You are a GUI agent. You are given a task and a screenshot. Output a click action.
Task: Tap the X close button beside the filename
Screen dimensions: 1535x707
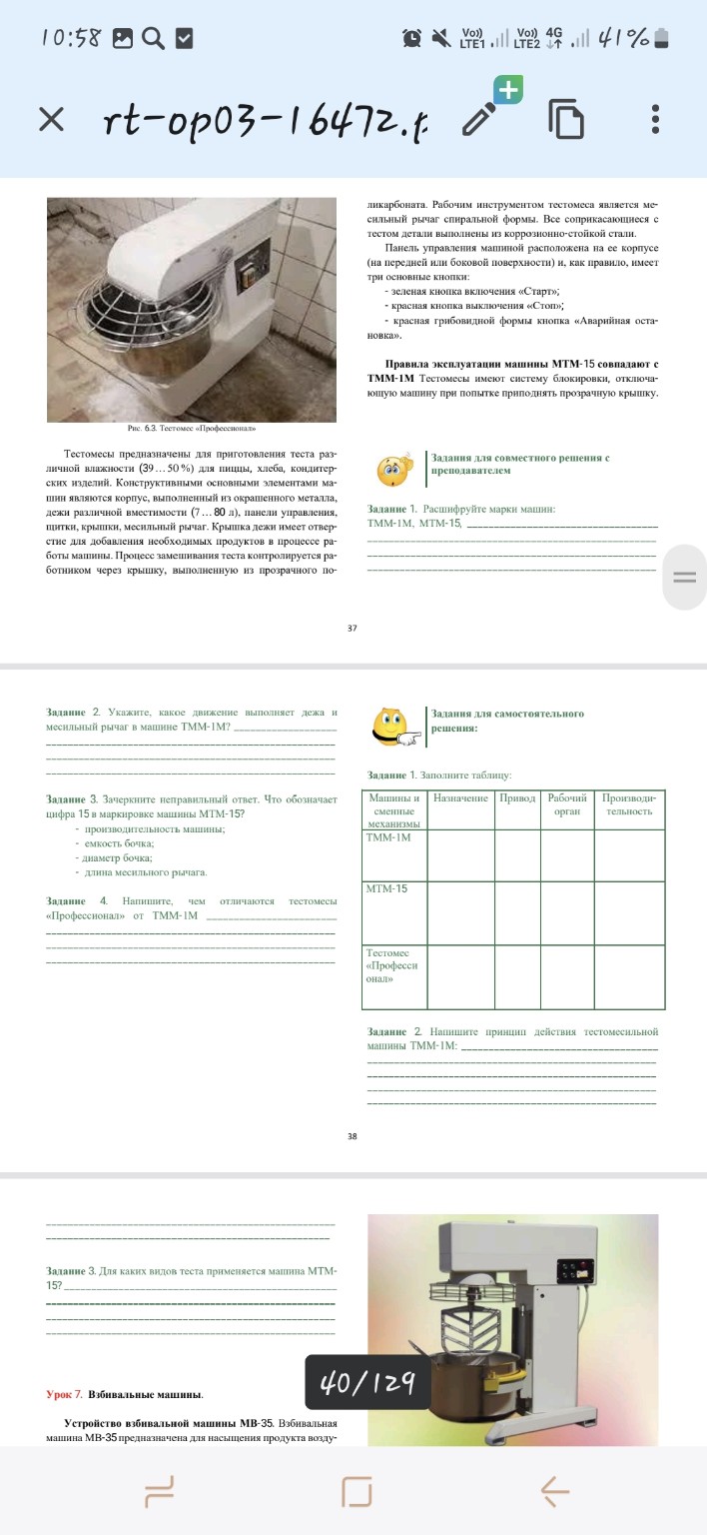51,121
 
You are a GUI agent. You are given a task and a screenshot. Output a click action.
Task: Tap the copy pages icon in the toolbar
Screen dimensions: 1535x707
566,120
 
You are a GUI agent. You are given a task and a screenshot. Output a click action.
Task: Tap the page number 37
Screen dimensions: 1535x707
353,629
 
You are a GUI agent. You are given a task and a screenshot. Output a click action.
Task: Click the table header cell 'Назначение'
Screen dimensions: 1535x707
460,798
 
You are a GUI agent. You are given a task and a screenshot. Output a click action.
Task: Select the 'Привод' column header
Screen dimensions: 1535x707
517,798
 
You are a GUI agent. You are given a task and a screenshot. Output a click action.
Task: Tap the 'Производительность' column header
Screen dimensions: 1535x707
629,804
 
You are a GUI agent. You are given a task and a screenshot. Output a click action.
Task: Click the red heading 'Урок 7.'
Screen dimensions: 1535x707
64,1393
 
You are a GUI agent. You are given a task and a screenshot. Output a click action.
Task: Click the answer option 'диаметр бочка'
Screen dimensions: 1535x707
122,857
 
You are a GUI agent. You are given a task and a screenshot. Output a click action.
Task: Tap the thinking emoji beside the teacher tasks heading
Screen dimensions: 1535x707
393,470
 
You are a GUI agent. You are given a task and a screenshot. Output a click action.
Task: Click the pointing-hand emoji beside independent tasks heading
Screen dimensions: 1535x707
393,727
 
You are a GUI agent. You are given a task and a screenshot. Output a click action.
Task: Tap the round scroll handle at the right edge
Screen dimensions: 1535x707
684,577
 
